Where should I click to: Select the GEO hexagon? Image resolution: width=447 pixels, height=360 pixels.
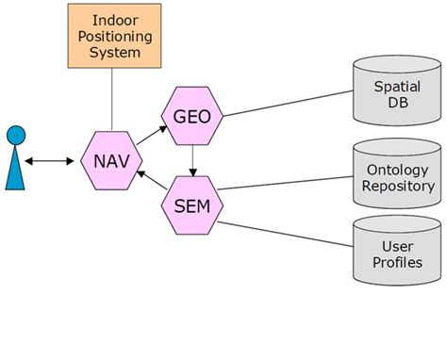[193, 117]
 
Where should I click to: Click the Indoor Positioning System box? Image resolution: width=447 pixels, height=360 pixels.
[112, 37]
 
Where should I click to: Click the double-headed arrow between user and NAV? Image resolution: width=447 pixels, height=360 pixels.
[49, 161]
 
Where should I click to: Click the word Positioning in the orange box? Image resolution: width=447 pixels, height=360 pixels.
[112, 36]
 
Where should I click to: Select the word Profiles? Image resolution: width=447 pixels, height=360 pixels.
[397, 262]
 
